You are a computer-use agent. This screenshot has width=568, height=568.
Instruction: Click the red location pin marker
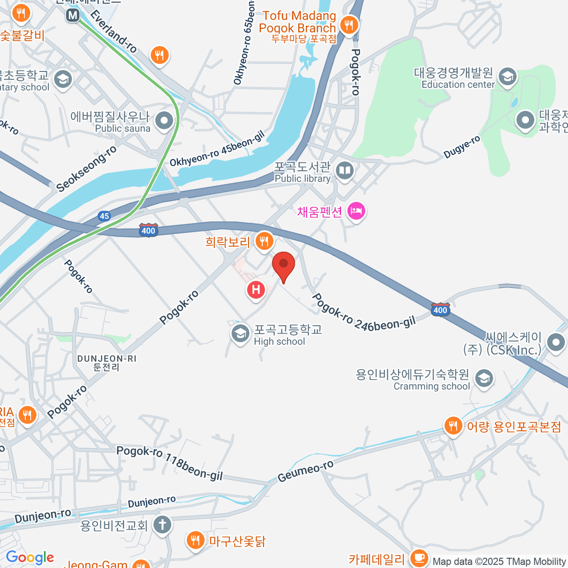pyautogui.click(x=284, y=265)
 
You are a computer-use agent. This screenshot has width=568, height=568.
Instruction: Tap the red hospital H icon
pyautogui.click(x=256, y=289)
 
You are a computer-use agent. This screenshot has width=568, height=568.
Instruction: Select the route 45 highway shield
pyautogui.click(x=105, y=216)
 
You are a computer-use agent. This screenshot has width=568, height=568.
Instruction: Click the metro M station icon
pyautogui.click(x=73, y=15)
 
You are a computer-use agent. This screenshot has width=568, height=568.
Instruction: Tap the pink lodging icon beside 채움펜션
pyautogui.click(x=356, y=211)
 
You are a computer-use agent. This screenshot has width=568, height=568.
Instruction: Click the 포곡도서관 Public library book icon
pyautogui.click(x=345, y=170)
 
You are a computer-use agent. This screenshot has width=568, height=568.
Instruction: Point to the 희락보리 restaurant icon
pyautogui.click(x=264, y=241)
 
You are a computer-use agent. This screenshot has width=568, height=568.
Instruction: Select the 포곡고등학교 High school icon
pyautogui.click(x=240, y=334)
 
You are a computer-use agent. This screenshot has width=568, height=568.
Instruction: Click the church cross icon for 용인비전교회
pyautogui.click(x=162, y=524)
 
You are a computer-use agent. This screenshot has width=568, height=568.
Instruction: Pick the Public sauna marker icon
pyautogui.click(x=164, y=121)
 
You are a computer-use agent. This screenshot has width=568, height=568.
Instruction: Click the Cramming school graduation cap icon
pyautogui.click(x=484, y=379)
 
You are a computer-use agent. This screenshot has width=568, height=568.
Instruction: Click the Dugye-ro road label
pyautogui.click(x=462, y=147)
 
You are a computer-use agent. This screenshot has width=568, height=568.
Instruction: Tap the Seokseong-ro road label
pyautogui.click(x=86, y=169)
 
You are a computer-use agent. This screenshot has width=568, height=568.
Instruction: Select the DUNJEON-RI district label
pyautogui.click(x=107, y=363)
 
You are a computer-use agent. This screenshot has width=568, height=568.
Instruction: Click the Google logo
pyautogui.click(x=30, y=558)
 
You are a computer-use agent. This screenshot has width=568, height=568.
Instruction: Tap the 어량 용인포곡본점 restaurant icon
pyautogui.click(x=453, y=426)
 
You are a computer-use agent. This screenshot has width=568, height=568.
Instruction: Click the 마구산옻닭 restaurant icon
pyautogui.click(x=195, y=540)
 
